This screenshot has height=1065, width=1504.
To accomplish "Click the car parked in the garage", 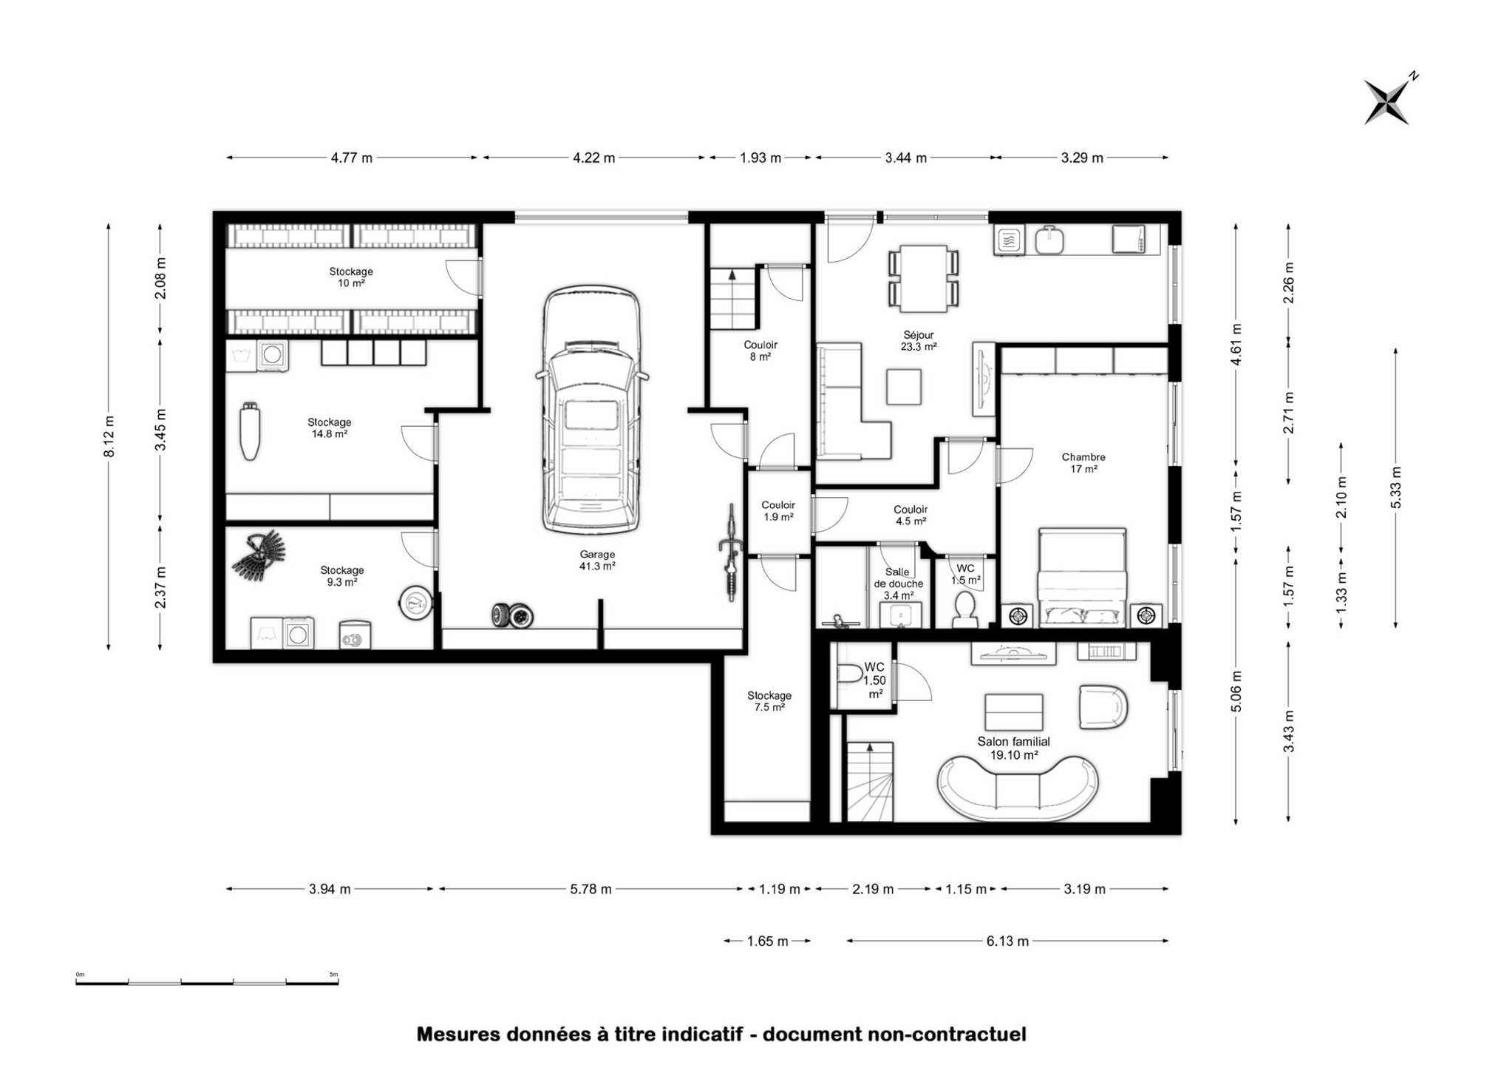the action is pos(591,410).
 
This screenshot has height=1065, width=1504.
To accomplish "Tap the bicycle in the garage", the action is pos(731,552).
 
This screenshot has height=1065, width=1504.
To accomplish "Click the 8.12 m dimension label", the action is pos(109,436).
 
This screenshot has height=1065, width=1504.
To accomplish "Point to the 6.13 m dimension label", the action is pos(1007,941).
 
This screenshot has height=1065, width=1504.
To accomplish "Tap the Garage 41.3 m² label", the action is pos(597,560).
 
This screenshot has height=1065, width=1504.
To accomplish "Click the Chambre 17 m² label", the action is pos(1083,463).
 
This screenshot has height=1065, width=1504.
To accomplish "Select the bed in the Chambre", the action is pos(1082,577).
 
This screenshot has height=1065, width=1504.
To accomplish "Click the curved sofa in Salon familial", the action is pos(1017,789).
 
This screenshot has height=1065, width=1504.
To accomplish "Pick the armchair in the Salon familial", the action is pos(1103,707).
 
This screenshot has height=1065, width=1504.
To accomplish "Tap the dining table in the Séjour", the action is pos(923,279).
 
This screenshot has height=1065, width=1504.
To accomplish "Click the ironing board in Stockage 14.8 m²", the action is pos(250,431).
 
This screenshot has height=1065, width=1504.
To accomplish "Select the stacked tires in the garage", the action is pos(512,615).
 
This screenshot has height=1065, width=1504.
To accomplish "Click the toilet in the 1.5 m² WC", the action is pos(964,608).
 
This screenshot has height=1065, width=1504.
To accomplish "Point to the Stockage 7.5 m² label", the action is pos(769,701).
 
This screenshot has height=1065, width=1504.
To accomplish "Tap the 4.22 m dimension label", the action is pos(593,158).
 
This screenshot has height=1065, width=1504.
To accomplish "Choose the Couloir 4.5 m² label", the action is pos(911,515).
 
